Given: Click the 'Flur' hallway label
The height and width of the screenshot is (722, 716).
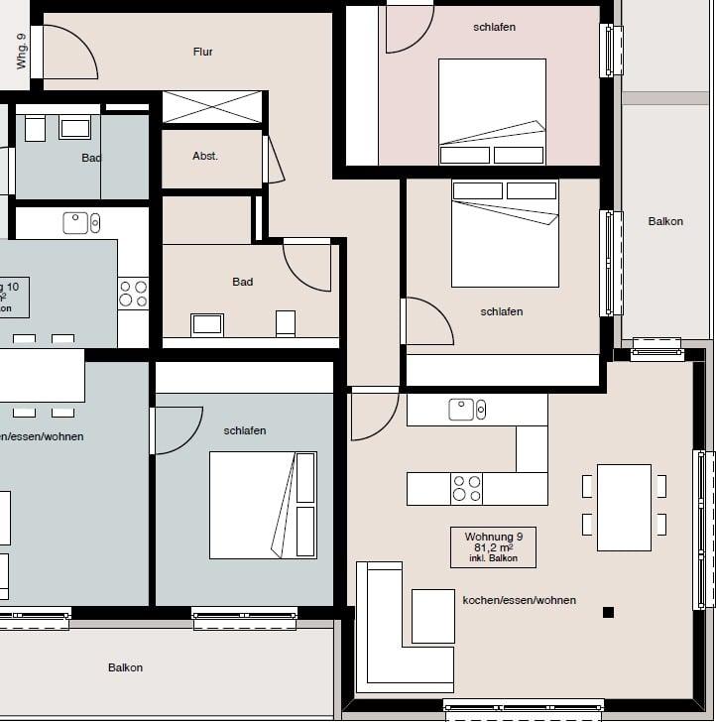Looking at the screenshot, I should [x=202, y=52].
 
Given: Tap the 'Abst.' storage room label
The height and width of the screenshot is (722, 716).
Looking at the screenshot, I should [x=205, y=156].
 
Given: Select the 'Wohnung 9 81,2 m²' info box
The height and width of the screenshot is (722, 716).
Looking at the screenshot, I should [x=493, y=546].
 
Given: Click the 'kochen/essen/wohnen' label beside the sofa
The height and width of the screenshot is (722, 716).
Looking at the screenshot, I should [x=519, y=600].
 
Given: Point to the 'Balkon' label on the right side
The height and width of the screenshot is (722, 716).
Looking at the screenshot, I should [x=665, y=221].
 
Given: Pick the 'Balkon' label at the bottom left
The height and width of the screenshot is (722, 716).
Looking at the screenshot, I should [x=125, y=667].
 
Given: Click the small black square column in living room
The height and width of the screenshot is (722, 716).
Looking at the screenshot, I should [x=608, y=612].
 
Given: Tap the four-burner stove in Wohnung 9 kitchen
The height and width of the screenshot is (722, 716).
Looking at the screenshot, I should [x=467, y=488].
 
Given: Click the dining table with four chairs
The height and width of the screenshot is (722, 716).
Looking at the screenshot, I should [x=624, y=507].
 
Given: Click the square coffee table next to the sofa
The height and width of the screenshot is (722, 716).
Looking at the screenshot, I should [x=432, y=615].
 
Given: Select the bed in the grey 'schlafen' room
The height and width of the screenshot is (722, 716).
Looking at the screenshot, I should [x=263, y=505].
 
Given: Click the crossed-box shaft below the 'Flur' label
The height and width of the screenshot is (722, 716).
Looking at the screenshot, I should [x=212, y=106].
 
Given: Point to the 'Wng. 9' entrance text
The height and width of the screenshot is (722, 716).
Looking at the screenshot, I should [x=22, y=50].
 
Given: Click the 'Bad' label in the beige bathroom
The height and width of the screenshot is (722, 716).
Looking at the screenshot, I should [x=243, y=282].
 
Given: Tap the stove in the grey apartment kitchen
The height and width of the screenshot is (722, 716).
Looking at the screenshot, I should [x=133, y=294].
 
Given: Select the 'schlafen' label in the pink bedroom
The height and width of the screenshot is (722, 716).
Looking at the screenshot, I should [x=494, y=27].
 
